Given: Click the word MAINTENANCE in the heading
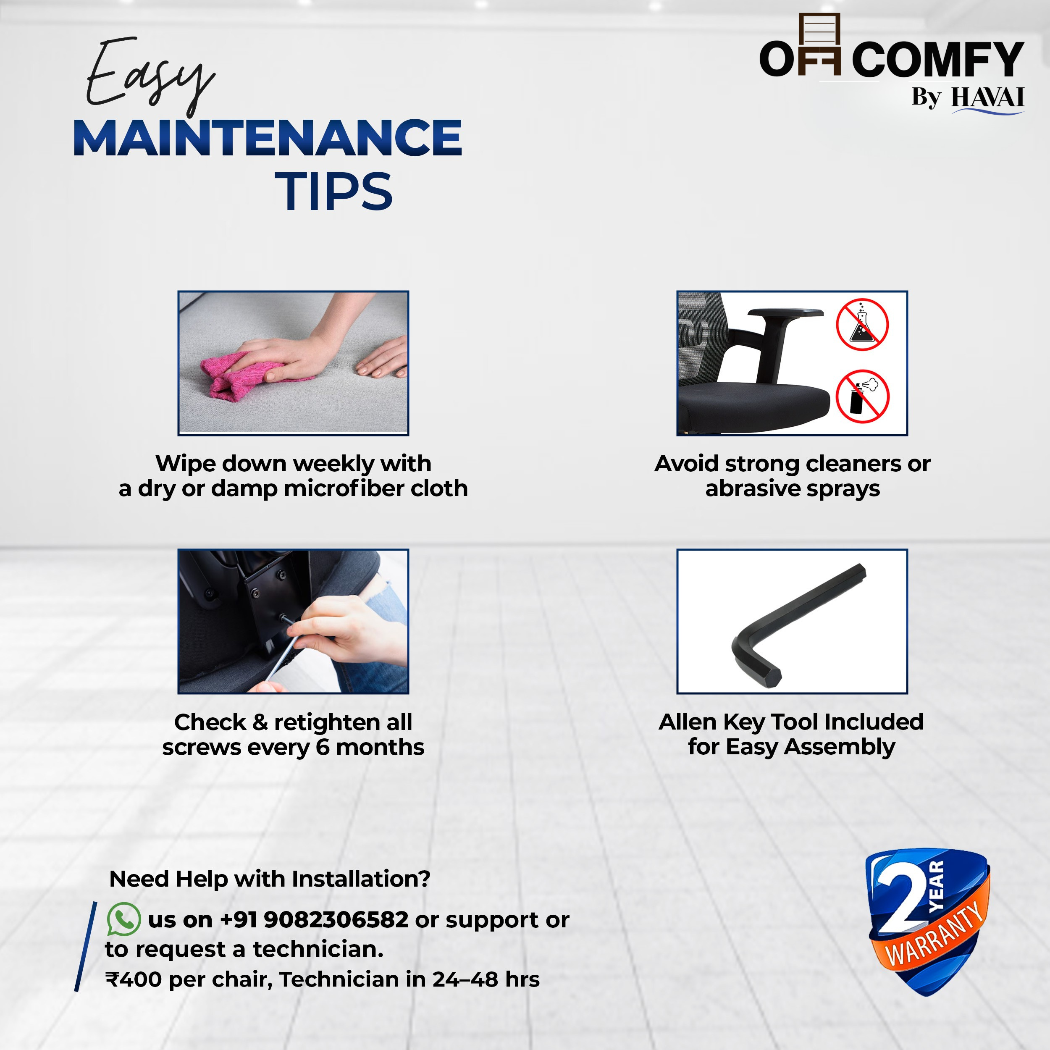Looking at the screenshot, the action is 268,138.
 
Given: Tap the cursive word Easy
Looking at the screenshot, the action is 150,76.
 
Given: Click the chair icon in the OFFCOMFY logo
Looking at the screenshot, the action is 819,44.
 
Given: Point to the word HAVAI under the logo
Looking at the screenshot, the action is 987,98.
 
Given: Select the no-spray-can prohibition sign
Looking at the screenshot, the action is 862,396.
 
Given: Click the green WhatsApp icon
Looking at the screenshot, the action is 124,919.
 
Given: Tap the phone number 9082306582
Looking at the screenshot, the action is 336,919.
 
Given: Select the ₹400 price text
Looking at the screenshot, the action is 134,979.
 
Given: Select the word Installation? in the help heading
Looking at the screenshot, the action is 361,879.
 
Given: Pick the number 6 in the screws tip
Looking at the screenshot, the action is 323,747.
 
